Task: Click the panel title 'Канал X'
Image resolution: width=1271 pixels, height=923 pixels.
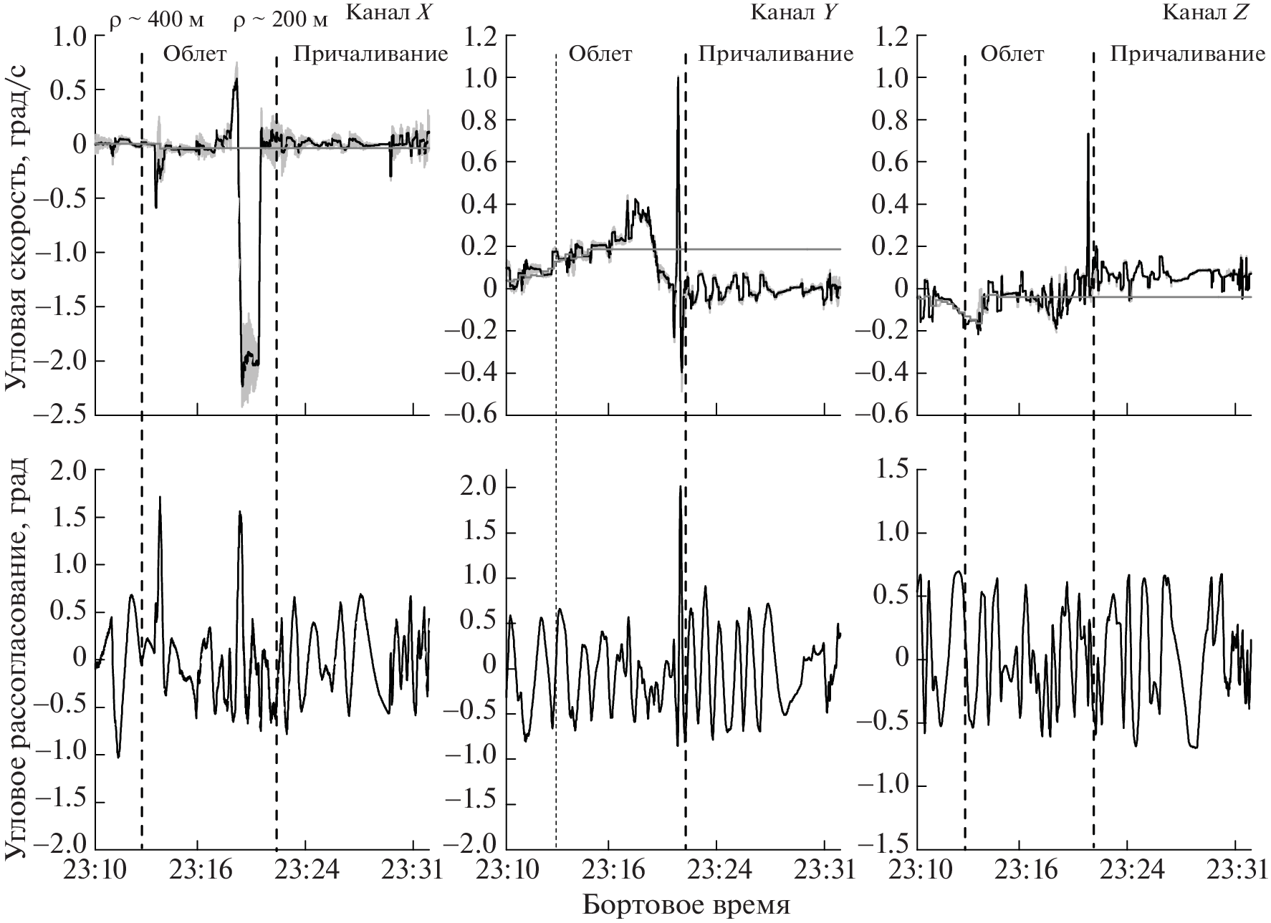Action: tap(388, 13)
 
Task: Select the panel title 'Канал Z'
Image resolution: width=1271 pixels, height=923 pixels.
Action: tap(1204, 13)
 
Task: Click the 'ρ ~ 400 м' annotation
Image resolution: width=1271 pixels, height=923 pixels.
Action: tap(156, 19)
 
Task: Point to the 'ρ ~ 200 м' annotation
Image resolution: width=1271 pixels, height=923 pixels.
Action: tap(281, 19)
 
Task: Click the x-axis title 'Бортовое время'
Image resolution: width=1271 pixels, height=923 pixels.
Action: tap(686, 904)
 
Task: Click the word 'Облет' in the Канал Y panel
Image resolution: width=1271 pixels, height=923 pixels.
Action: tap(600, 54)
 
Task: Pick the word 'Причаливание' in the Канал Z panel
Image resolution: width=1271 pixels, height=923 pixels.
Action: tap(1187, 54)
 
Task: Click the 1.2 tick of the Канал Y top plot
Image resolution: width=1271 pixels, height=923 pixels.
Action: tap(481, 36)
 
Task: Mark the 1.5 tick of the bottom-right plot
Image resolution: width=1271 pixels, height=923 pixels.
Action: tap(891, 470)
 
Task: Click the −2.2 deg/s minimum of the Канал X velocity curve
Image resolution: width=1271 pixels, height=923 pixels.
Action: tap(244, 385)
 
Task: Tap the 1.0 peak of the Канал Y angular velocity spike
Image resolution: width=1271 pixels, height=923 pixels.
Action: tap(677, 78)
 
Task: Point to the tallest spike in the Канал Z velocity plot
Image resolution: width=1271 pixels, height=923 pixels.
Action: tap(1088, 134)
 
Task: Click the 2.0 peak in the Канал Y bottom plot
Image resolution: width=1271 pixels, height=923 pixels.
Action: tap(679, 488)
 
